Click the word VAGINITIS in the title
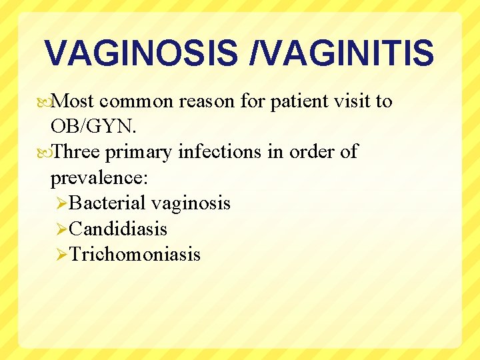point(347,53)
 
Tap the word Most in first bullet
point(75,101)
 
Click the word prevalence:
point(99,178)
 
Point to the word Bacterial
point(107,203)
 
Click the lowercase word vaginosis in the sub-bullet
point(191,203)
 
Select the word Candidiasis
point(118,229)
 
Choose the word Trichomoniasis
point(135,254)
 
